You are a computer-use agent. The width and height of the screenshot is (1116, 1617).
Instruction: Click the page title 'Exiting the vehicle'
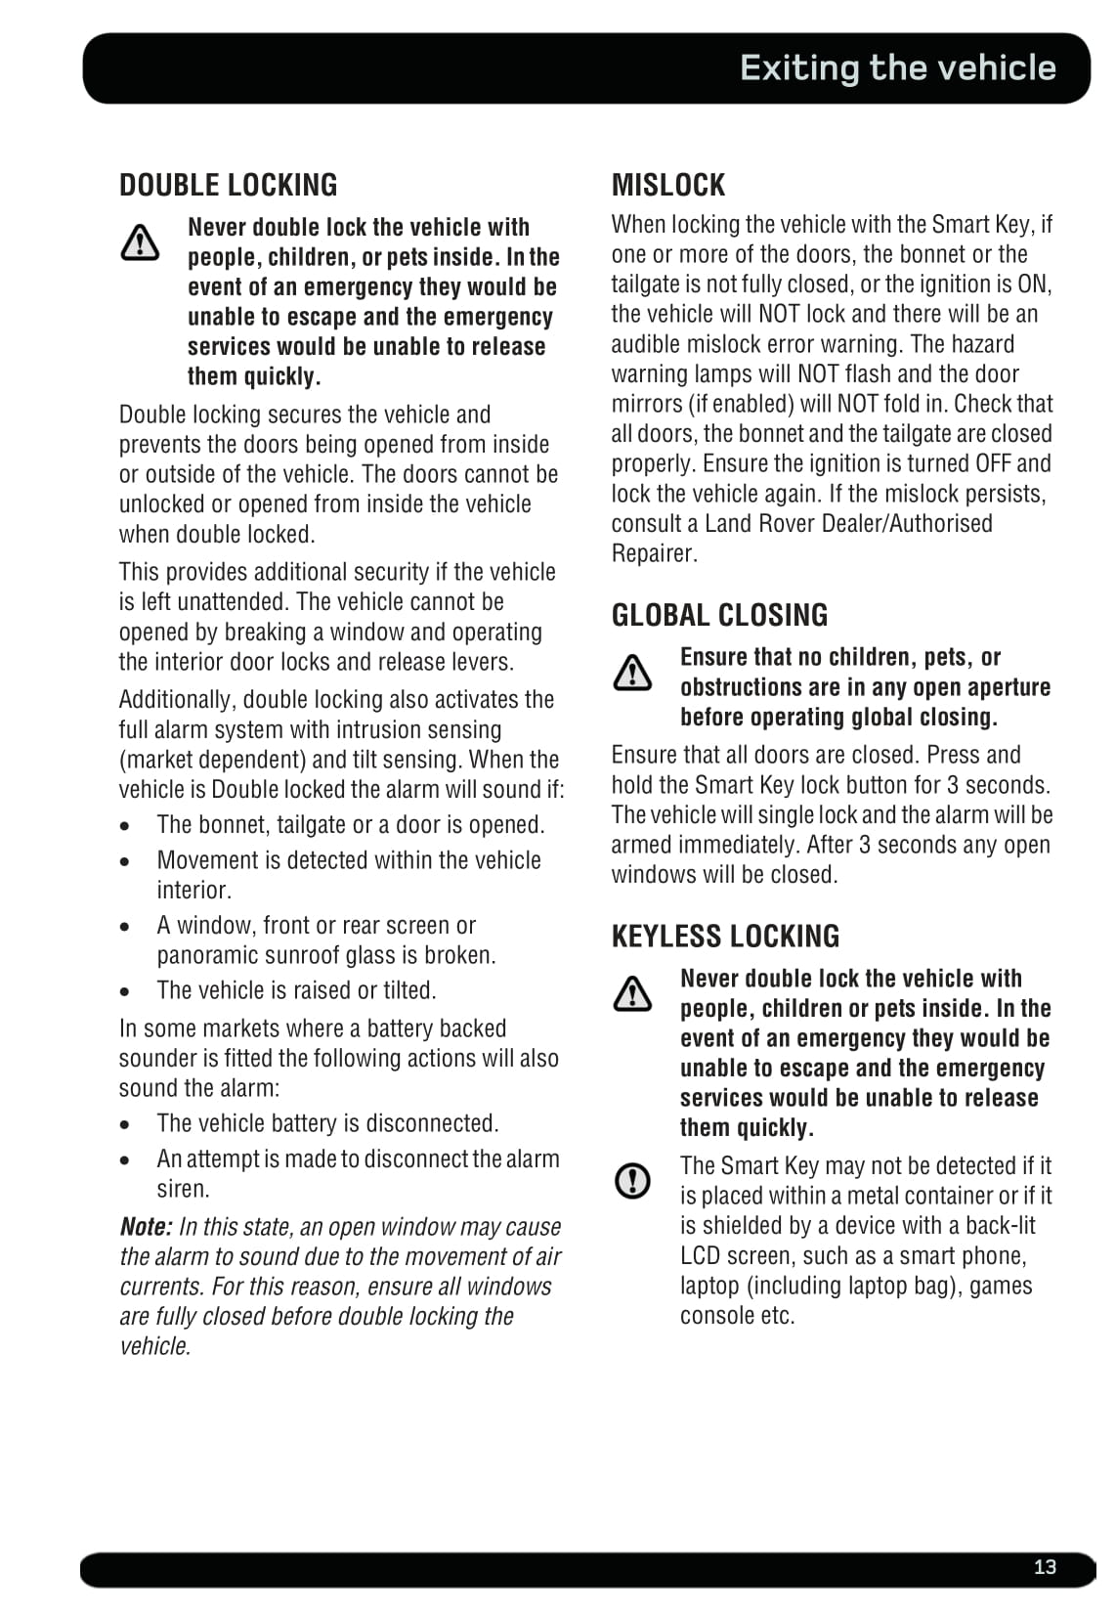pos(897,67)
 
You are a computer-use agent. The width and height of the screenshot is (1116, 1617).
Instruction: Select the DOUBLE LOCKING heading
pos(228,185)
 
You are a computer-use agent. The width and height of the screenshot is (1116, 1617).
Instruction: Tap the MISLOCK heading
pos(667,185)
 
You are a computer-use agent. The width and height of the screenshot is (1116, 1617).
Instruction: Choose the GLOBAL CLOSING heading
pos(719,615)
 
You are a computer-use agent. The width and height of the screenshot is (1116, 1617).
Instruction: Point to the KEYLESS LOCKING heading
pos(725,937)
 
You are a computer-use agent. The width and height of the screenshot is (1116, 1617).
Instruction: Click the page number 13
pos(1045,1566)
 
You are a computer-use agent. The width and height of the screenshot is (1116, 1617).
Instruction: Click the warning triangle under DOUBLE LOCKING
pos(141,242)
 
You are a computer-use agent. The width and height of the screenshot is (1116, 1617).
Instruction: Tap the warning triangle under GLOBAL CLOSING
pos(632,673)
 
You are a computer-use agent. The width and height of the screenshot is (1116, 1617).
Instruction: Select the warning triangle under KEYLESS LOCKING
pos(632,994)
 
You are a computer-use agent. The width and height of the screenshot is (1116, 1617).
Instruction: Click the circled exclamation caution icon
pos(632,1180)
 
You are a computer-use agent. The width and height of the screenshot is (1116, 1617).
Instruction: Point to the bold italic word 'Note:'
pos(146,1227)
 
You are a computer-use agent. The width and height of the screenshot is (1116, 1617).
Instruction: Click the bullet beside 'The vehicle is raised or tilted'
pos(125,991)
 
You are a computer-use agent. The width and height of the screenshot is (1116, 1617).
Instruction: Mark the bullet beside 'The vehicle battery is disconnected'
pos(125,1124)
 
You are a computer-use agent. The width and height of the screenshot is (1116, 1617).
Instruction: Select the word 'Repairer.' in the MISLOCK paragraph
pos(654,553)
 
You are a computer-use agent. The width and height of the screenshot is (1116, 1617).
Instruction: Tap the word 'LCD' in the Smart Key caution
pos(701,1256)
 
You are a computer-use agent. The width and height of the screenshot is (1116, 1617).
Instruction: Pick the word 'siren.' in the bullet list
pos(183,1190)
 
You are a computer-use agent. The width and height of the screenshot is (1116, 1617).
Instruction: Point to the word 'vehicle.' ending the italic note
pos(155,1346)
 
